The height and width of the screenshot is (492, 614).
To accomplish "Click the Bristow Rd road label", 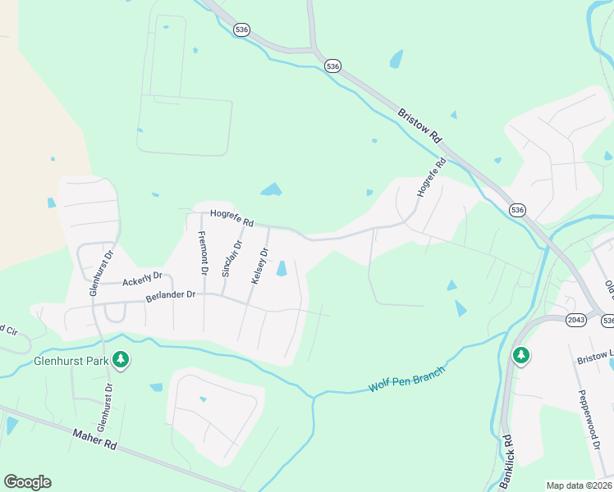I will [420, 127].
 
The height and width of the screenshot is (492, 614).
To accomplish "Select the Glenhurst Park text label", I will [71, 360].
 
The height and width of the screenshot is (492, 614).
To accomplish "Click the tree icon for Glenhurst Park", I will [121, 360].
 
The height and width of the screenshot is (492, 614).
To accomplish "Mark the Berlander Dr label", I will [171, 295].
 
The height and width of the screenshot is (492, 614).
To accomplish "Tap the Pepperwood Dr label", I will [589, 420].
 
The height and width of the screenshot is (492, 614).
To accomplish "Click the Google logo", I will [27, 482].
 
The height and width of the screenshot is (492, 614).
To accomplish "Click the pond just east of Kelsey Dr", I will [282, 268].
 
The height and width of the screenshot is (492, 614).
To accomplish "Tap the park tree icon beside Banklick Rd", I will [521, 355].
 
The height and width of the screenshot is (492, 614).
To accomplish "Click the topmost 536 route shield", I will [241, 30].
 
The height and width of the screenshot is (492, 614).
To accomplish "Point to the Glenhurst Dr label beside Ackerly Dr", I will [94, 276].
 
